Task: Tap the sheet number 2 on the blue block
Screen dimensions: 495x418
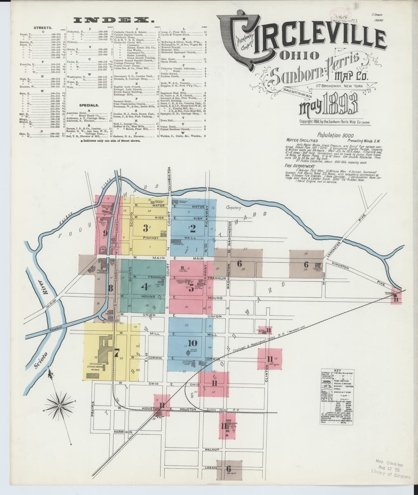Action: tap(192, 227)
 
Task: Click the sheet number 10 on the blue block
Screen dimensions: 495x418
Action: tap(193, 343)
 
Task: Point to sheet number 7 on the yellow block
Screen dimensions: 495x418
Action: tap(117, 352)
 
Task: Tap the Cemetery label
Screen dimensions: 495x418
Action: tap(234, 208)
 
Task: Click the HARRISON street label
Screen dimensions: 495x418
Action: tap(122, 432)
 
